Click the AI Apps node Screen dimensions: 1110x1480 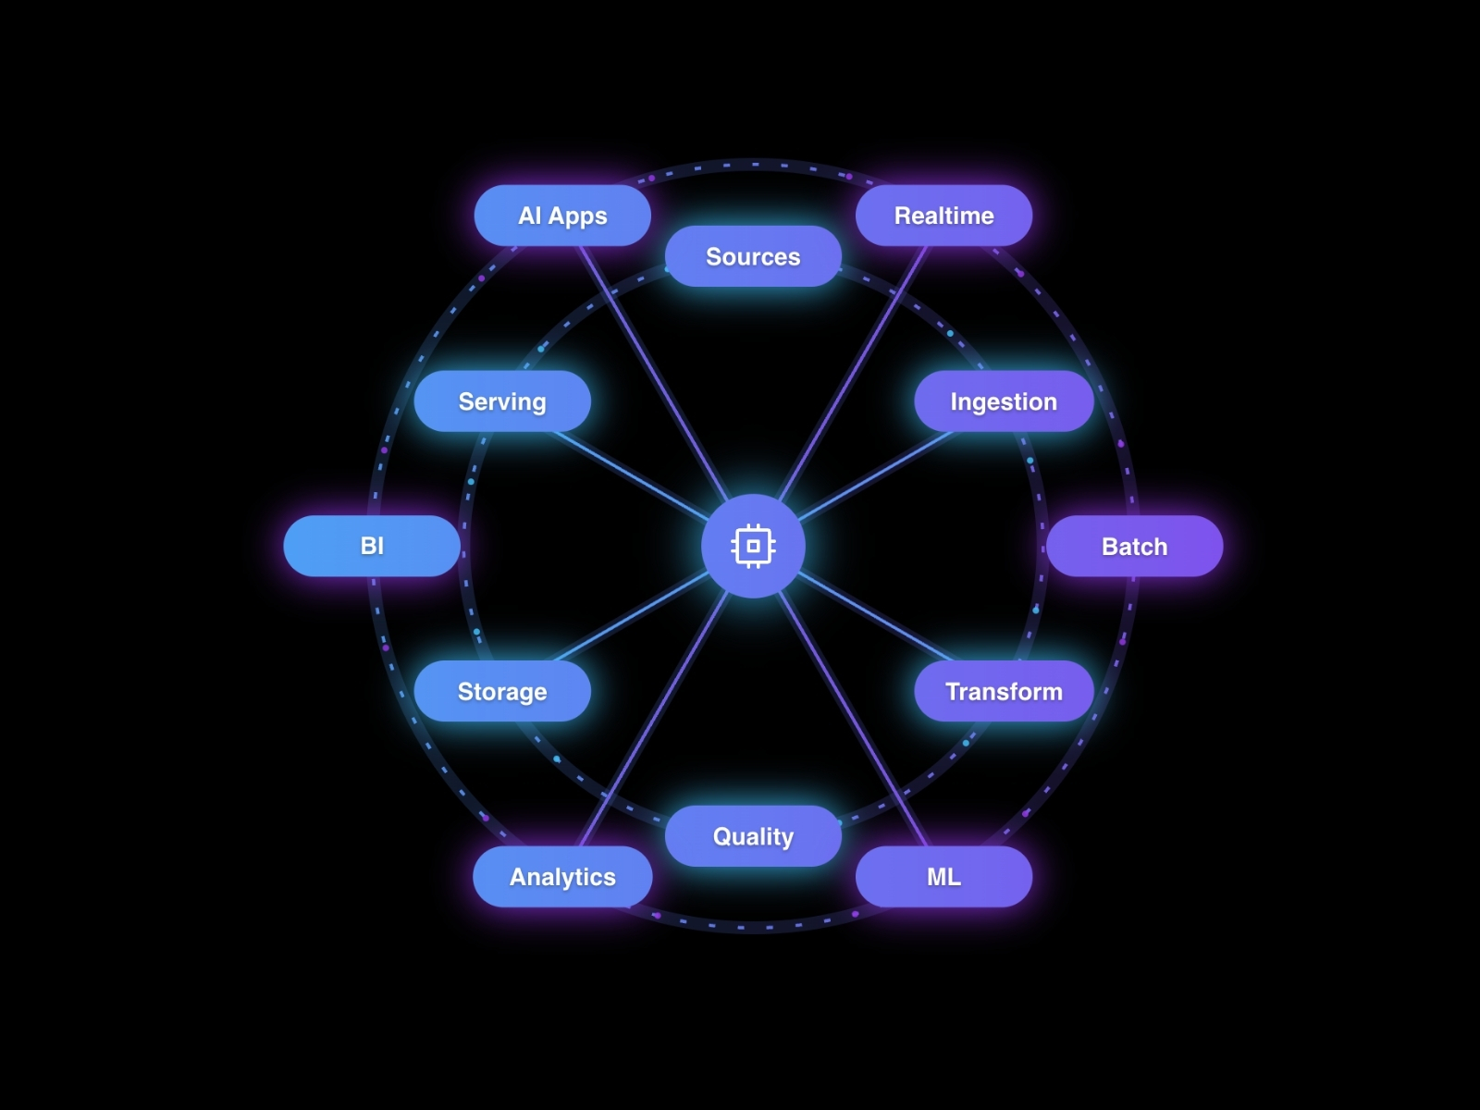click(562, 216)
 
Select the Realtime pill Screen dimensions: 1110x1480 click(943, 216)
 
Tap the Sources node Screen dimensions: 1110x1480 click(753, 256)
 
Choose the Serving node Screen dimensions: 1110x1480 click(502, 401)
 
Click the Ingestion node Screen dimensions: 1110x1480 click(1004, 401)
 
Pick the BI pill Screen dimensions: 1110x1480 click(372, 546)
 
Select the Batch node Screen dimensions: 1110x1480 click(1134, 546)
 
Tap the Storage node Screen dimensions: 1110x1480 click(502, 691)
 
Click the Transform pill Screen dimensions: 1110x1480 click(1004, 691)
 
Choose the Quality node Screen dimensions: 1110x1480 click(753, 836)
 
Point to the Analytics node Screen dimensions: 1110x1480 click(562, 876)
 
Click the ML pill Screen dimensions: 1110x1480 click(943, 876)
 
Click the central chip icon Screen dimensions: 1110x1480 click(753, 546)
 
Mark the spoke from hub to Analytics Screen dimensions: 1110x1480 click(655, 717)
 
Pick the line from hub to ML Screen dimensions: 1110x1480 click(852, 717)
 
